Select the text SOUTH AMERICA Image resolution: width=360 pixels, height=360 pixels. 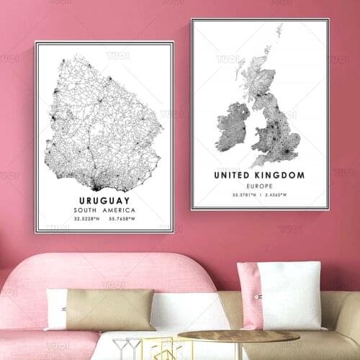click(x=104, y=210)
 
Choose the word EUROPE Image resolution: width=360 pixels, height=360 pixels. click(x=258, y=186)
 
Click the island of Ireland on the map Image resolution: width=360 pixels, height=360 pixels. click(x=232, y=127)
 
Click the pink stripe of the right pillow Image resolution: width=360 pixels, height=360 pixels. click(x=250, y=295)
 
